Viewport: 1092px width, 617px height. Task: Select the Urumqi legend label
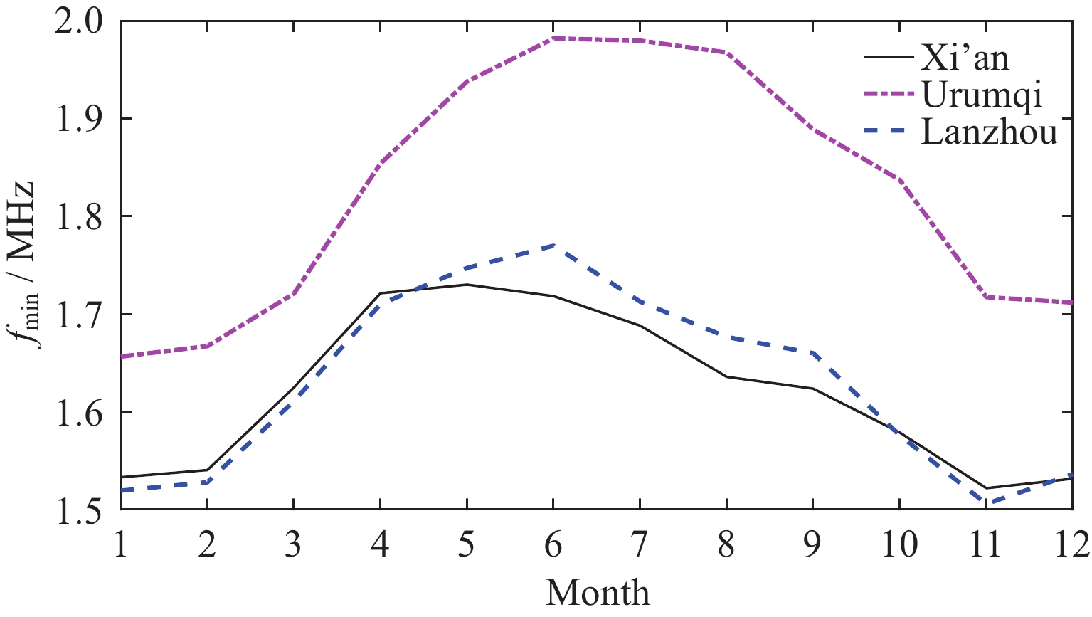(x=982, y=95)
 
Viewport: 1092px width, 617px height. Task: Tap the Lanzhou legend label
(x=990, y=132)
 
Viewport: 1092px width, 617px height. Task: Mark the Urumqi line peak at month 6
(x=553, y=38)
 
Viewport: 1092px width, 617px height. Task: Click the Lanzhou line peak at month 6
(x=553, y=246)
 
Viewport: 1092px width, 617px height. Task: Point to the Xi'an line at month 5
(x=467, y=285)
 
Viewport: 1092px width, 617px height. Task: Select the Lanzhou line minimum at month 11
(x=986, y=503)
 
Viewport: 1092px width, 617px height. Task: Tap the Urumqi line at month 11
(x=986, y=297)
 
